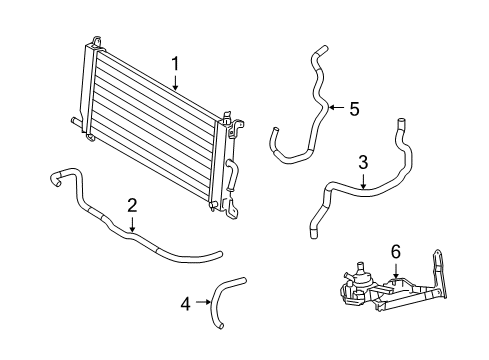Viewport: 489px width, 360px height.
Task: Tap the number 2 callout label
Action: click(x=132, y=206)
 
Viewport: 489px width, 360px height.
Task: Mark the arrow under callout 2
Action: click(x=132, y=225)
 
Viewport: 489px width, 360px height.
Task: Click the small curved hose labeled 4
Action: click(x=222, y=296)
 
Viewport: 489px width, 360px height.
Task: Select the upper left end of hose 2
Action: click(x=53, y=177)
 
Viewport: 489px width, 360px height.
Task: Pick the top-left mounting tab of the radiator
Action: click(x=96, y=43)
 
